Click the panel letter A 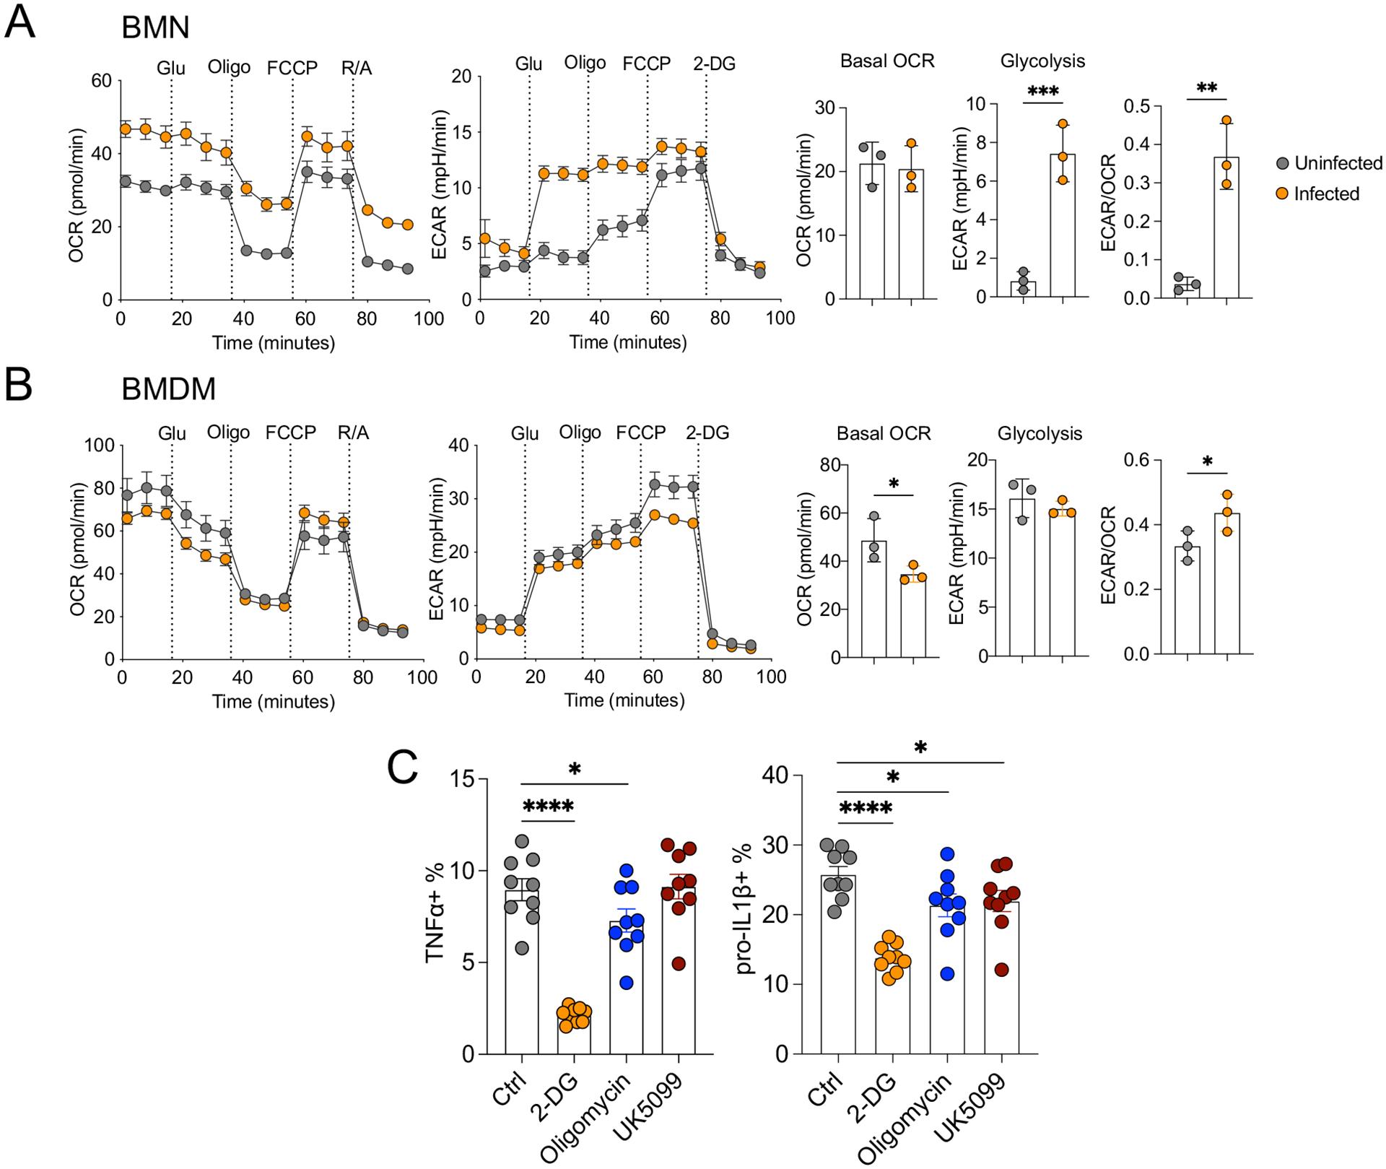[19, 23]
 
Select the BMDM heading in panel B [169, 389]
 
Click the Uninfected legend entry [1338, 163]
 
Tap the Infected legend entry [1326, 194]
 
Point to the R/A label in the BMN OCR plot [357, 68]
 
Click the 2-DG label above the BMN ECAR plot [714, 64]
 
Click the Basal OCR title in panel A [887, 61]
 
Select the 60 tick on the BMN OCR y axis [101, 81]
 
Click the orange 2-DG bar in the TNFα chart [575, 1035]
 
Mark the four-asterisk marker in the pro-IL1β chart [866, 808]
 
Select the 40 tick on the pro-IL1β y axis [780, 775]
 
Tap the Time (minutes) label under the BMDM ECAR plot [624, 700]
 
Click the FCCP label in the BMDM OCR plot [290, 433]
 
